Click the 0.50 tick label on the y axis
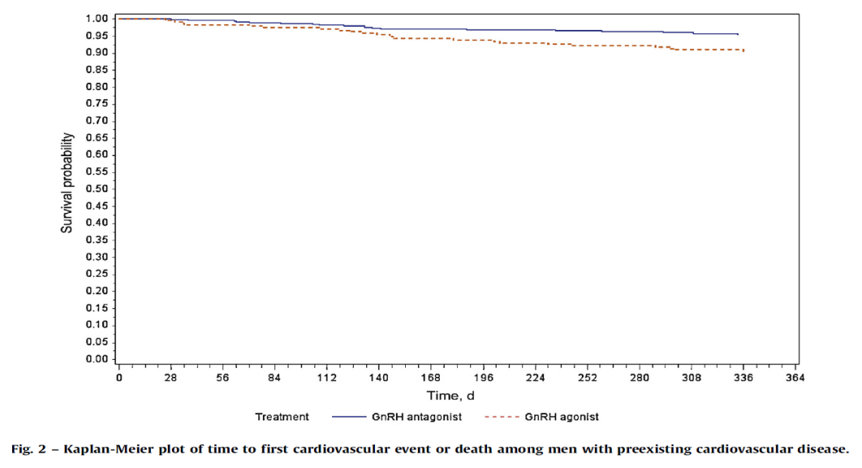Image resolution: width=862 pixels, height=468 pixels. (97, 188)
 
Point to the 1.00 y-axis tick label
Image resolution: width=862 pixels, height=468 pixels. (97, 19)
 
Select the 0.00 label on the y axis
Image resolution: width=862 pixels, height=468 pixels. (97, 359)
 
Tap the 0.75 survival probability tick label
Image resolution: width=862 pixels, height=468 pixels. (97, 103)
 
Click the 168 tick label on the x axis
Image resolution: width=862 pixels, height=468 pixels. (431, 378)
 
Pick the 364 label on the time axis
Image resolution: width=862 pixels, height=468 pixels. (795, 378)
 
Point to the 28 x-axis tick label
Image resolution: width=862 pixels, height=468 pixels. (170, 378)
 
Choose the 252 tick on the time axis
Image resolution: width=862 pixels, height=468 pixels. (588, 378)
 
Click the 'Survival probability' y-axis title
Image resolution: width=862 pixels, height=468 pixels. (67, 183)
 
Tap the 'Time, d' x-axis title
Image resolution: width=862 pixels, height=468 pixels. (450, 396)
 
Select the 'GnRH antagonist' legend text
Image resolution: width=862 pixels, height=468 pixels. (416, 417)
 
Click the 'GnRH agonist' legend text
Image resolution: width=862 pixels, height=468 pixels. (562, 417)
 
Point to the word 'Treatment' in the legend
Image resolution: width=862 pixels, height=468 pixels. (282, 417)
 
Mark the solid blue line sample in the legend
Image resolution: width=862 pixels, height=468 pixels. (349, 417)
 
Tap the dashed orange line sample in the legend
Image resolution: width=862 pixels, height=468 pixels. (502, 417)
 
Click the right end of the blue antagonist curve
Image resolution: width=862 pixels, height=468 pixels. (738, 34)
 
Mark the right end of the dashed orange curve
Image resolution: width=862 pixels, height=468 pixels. (743, 50)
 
